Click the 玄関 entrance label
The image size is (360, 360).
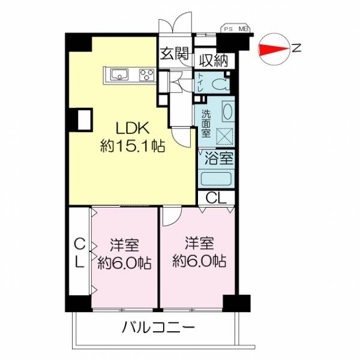[x=175, y=53]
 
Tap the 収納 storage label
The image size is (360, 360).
[x=214, y=61]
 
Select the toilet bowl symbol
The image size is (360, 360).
[x=220, y=84]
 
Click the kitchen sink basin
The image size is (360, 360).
[x=119, y=74]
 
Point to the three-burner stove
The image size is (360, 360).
[x=147, y=74]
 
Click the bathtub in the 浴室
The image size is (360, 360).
[x=216, y=178]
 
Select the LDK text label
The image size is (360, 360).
[x=133, y=128]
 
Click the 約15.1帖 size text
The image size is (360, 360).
[x=133, y=146]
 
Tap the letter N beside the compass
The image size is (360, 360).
[x=296, y=48]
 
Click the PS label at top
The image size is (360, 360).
[x=228, y=29]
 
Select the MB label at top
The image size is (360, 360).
[x=242, y=29]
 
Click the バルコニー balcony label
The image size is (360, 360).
[x=158, y=327]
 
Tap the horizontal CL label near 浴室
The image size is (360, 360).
[x=216, y=198]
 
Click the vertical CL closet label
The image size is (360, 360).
[x=80, y=253]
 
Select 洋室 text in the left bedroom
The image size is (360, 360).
[x=124, y=245]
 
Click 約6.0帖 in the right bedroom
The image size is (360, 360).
[x=200, y=261]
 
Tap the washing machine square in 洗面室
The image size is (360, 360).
[x=225, y=136]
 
